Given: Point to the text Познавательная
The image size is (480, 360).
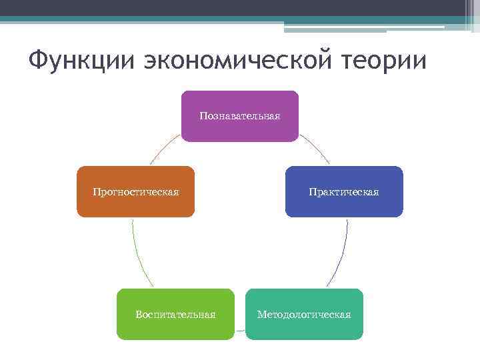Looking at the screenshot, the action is click(240, 116).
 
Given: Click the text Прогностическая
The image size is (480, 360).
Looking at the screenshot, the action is click(135, 192).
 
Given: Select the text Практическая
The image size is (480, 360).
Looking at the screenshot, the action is click(344, 192).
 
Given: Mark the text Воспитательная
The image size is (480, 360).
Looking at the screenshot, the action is click(175, 314).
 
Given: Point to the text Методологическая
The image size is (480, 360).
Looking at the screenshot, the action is click(304, 314).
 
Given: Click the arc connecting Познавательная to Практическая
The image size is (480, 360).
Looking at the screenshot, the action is click(316, 148).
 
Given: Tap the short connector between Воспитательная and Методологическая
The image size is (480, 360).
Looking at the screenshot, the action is click(240, 330).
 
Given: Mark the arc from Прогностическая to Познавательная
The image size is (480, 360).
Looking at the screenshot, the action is click(164, 148).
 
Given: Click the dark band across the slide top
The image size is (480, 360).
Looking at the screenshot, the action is click(240, 8).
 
